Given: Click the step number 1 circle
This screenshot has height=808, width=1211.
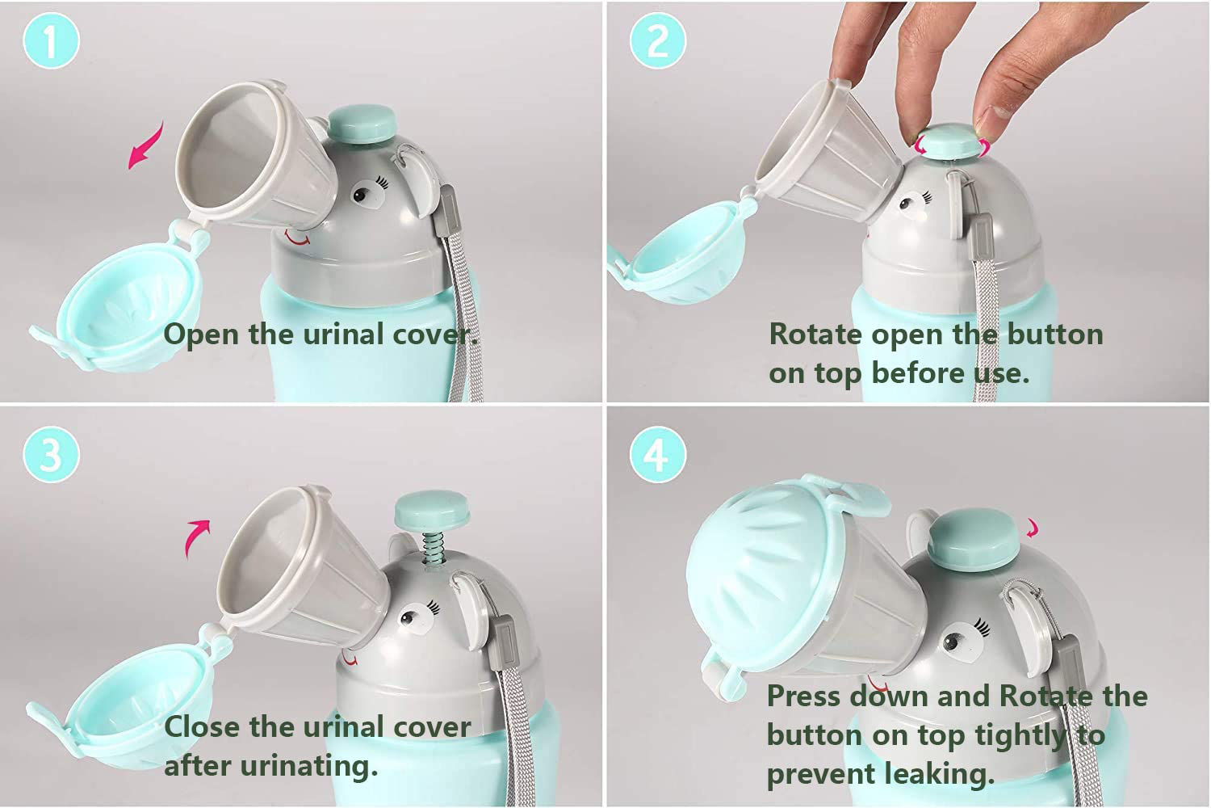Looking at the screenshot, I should pyautogui.click(x=51, y=40).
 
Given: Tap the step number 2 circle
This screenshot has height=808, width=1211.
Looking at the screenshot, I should pyautogui.click(x=657, y=40).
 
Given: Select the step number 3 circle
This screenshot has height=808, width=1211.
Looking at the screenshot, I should pyautogui.click(x=51, y=454).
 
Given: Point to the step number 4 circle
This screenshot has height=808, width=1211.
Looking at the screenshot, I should pyautogui.click(x=657, y=454).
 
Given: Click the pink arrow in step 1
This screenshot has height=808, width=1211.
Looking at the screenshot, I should pyautogui.click(x=146, y=145).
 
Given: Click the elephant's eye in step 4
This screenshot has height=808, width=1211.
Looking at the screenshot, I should pyautogui.click(x=953, y=643).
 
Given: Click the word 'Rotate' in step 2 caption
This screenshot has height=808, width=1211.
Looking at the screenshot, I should pyautogui.click(x=815, y=334).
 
